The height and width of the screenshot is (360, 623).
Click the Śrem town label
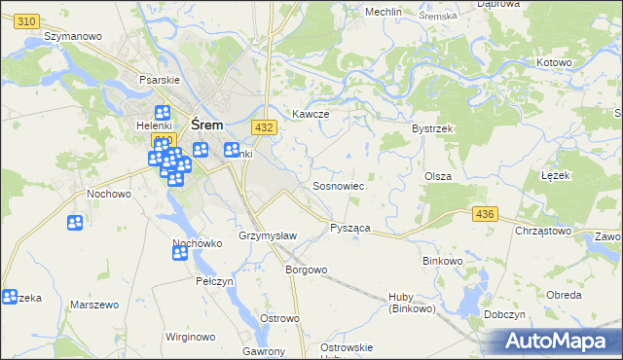tap(207, 126)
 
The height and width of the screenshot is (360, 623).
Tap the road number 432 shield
tap(262, 127)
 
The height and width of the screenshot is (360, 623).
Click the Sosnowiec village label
tap(338, 185)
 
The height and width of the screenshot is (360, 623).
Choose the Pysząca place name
tap(349, 227)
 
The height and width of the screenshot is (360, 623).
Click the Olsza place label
tap(437, 175)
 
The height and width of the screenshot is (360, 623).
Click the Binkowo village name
tap(443, 261)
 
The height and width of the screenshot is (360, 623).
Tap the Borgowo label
tap(305, 270)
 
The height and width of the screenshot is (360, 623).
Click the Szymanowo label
tap(74, 36)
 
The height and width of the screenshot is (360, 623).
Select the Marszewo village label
tap(93, 305)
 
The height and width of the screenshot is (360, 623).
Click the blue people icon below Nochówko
tap(180, 253)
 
